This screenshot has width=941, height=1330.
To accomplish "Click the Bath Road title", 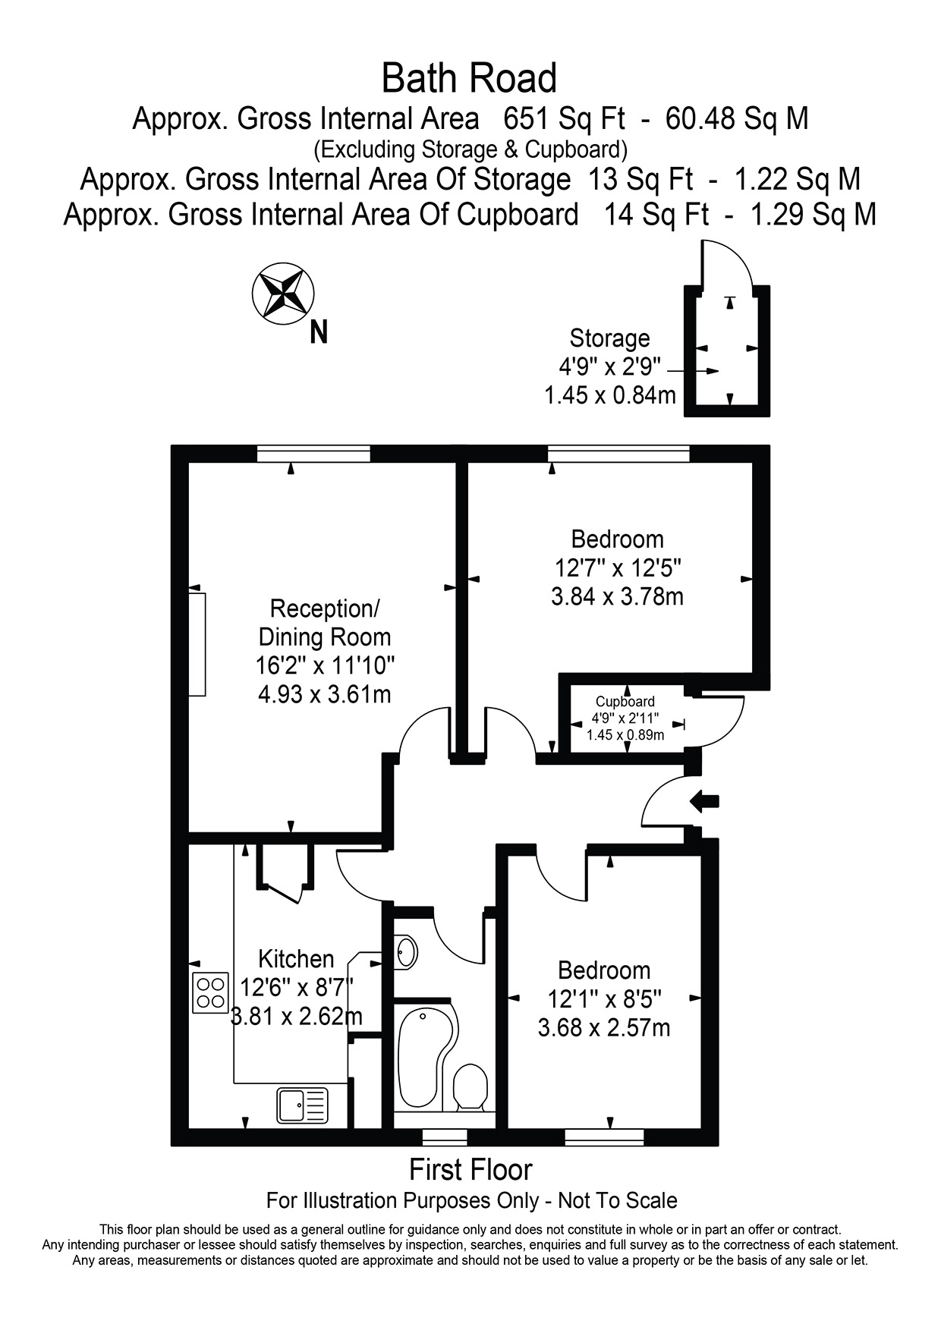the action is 469,78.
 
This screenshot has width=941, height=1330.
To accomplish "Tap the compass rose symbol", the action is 283,294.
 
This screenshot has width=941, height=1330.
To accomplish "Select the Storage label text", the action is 609,338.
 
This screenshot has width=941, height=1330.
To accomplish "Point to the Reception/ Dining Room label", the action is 325,623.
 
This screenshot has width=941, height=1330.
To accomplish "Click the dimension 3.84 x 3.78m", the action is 617,596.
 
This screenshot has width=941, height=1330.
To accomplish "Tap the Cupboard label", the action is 625,702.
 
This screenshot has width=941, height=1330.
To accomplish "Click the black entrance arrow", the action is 705,801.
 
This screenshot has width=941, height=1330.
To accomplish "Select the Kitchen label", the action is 296,959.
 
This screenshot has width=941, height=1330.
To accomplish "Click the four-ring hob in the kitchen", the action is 211,992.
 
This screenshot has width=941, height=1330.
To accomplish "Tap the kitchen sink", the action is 302,1105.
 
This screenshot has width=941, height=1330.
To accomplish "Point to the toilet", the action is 470,1088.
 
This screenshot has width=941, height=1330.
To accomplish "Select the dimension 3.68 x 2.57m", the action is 604,1028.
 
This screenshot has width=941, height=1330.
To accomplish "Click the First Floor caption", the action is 470,1170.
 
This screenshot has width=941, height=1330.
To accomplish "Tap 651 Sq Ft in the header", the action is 565,119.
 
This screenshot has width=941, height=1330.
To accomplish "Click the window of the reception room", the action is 313,454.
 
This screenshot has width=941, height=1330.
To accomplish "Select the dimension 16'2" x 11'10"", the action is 325,665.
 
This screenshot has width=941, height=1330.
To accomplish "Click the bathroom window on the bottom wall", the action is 445,1137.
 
